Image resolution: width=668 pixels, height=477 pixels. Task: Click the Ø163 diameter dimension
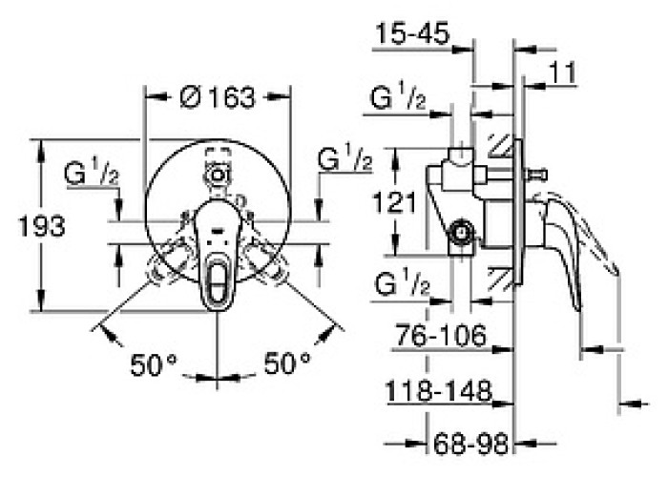(x=218, y=97)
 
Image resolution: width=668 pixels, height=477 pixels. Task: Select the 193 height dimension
(x=42, y=226)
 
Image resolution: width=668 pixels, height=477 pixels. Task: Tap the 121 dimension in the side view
(x=394, y=202)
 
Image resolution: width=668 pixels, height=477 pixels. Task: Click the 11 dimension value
(x=562, y=73)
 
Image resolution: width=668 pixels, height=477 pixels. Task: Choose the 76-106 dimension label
(x=441, y=335)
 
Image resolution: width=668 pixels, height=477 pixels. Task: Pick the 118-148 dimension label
(x=438, y=390)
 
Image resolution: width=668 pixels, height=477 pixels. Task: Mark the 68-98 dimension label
(x=470, y=444)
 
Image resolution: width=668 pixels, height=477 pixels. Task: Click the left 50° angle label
(x=153, y=364)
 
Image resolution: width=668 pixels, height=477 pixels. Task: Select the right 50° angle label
(x=287, y=363)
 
